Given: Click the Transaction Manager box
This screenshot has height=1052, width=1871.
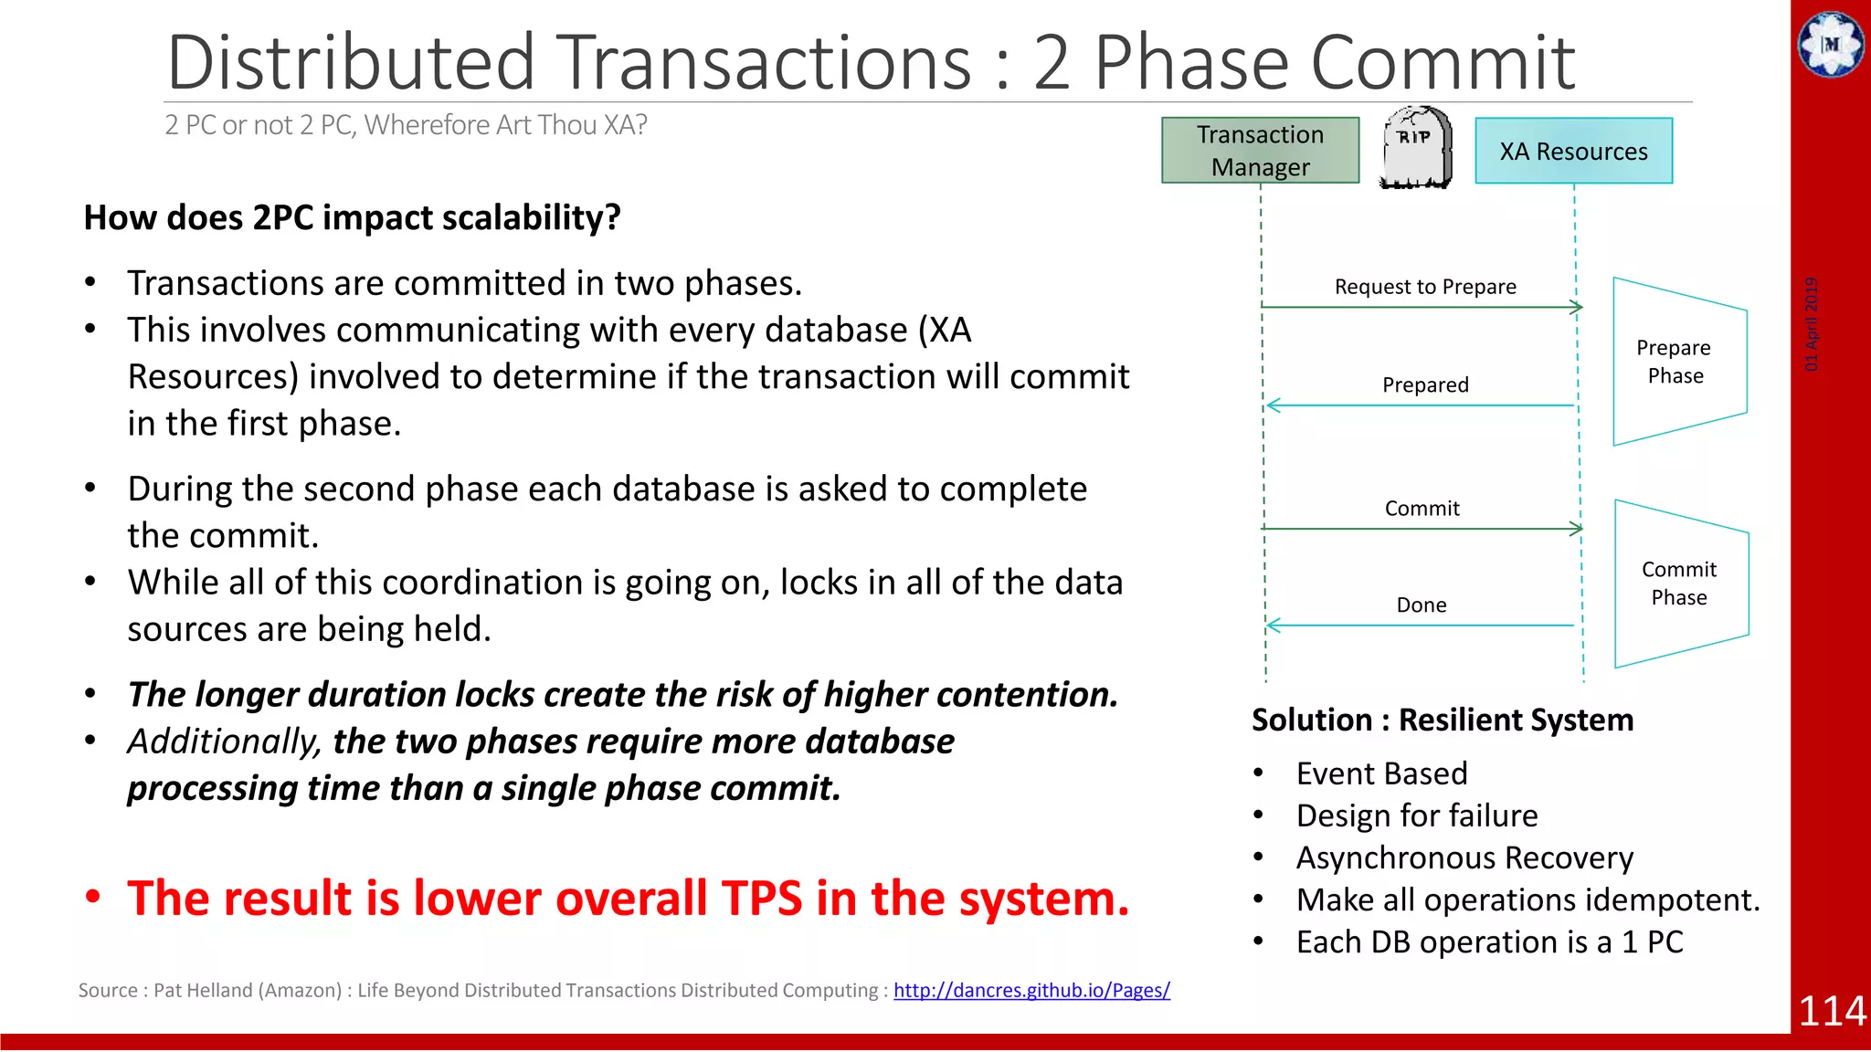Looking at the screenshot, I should point(1260,151).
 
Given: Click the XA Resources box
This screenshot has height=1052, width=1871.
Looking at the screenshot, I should point(1573,152).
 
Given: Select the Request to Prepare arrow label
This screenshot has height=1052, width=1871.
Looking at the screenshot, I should point(1424,287).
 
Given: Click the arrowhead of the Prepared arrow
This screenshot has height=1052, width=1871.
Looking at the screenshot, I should point(1272,405).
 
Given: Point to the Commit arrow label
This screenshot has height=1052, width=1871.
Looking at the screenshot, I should point(1422,509).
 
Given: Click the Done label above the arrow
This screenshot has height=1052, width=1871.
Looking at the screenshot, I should point(1421,605).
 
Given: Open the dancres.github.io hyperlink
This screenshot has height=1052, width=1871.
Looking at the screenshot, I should point(1031,990).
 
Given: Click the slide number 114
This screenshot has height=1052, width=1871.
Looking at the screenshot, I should point(1832,1011).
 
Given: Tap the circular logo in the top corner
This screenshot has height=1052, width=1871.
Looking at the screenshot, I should point(1831,44).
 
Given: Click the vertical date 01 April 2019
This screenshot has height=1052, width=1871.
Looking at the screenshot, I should point(1812,324).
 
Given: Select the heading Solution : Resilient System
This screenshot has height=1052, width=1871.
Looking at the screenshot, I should point(1442,720).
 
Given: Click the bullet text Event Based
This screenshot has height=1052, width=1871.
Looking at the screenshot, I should point(1381,773).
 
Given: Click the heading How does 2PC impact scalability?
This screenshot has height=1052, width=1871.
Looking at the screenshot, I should point(352,218).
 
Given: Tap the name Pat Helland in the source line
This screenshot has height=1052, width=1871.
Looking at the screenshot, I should point(203,991).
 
